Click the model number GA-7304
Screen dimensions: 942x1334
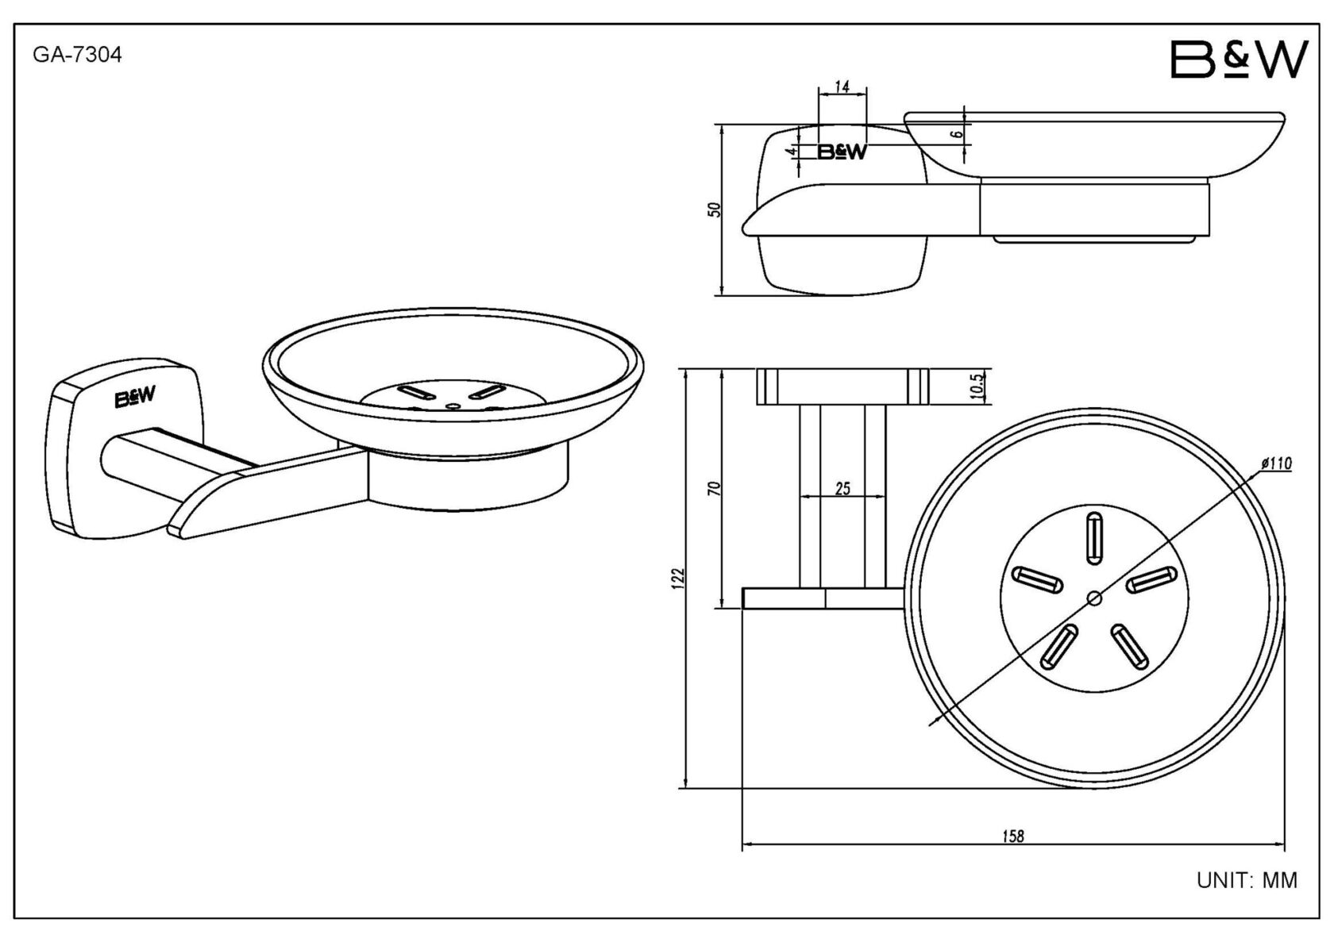point(77,56)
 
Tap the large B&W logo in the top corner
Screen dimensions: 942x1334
point(1240,60)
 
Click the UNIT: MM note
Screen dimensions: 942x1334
point(1247,880)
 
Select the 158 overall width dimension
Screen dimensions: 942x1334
point(1013,836)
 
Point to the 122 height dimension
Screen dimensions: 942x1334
point(677,576)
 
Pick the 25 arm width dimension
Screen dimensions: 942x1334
point(842,489)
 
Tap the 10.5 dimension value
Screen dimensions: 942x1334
point(977,386)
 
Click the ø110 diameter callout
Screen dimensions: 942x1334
point(1275,463)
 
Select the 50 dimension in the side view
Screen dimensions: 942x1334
point(714,210)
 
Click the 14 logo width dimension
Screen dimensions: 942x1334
point(842,87)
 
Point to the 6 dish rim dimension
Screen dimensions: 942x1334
point(958,133)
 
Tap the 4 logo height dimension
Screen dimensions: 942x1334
point(791,151)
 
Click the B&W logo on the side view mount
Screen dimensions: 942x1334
point(842,152)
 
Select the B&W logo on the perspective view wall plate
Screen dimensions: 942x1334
point(136,398)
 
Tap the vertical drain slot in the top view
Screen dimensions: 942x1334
point(1093,538)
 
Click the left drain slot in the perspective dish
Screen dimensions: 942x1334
point(413,392)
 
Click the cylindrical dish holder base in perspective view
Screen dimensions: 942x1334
point(468,480)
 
